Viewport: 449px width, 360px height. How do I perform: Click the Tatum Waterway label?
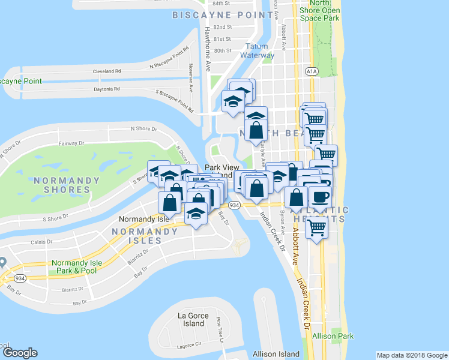coord(257,51)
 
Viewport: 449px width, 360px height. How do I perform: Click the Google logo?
coord(19,353)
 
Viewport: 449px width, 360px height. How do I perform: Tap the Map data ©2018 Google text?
coord(411,355)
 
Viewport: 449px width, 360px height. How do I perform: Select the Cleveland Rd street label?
coord(107,71)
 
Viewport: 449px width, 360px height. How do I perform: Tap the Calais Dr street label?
coord(41,243)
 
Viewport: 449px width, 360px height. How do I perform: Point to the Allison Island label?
coord(276,354)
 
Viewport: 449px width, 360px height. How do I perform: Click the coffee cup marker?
coord(319,196)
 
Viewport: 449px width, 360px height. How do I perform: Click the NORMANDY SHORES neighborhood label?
coord(62,185)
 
